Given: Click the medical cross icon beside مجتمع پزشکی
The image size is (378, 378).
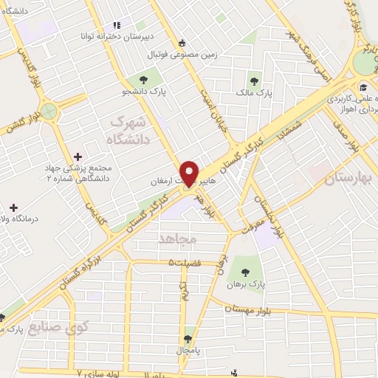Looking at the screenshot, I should click(x=78, y=156).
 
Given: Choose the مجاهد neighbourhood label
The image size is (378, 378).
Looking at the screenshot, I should click(x=174, y=238).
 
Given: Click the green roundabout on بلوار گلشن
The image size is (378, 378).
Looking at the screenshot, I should click(x=50, y=112).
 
